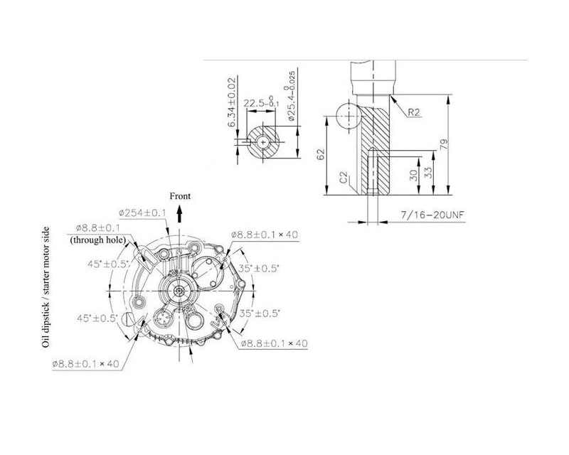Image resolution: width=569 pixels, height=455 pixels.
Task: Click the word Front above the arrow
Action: (x=180, y=196)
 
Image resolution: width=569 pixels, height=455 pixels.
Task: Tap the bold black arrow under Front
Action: (x=179, y=213)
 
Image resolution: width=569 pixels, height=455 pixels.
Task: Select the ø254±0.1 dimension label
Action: (x=142, y=213)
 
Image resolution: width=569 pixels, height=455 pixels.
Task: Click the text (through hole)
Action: (x=98, y=240)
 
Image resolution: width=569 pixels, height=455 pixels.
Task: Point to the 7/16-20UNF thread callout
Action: (x=432, y=215)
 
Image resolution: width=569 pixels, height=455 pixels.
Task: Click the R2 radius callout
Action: (x=414, y=112)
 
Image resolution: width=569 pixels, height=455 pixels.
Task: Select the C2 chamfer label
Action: (x=344, y=178)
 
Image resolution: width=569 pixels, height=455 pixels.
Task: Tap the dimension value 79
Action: (x=444, y=144)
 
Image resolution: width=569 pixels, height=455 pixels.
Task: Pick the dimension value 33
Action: (x=428, y=172)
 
